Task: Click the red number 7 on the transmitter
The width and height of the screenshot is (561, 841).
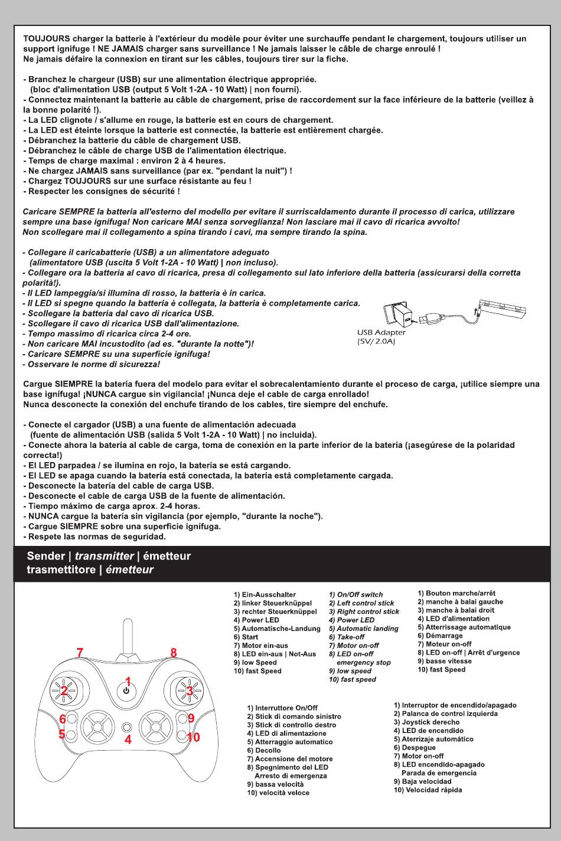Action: [81, 653]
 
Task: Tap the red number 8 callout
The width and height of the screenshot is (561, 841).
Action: [174, 653]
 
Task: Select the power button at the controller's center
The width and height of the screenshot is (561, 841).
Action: [126, 691]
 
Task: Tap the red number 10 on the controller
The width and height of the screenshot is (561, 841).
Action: [194, 737]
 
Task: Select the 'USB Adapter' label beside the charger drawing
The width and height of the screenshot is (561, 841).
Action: [381, 333]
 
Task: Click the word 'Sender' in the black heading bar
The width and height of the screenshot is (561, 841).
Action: [47, 557]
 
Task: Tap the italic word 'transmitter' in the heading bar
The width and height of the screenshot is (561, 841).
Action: [105, 557]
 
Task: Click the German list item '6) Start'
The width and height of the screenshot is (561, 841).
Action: [246, 637]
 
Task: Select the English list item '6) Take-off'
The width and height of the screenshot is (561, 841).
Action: [347, 637]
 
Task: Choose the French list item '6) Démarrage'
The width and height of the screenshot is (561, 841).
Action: [440, 636]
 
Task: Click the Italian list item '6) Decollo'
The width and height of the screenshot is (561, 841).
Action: [264, 751]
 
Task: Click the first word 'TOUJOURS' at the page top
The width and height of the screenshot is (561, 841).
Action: [47, 39]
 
